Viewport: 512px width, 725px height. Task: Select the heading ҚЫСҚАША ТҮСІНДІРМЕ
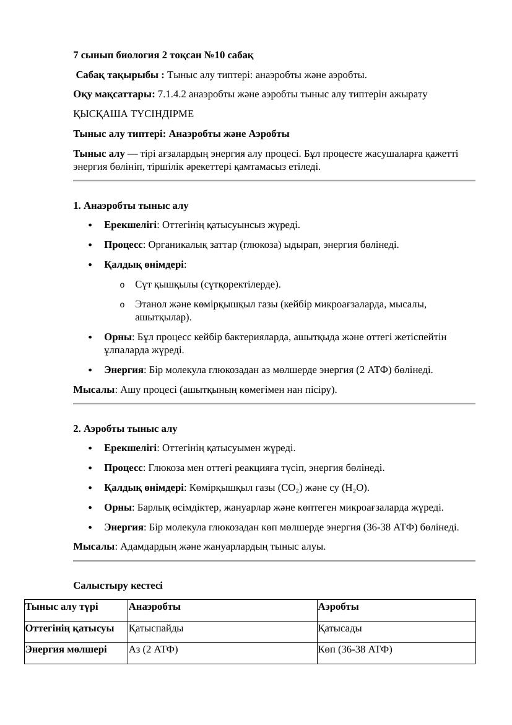[x=133, y=114]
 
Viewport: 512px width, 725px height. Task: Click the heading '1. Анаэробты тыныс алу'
[x=131, y=206]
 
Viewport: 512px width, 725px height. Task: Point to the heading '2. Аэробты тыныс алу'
[x=125, y=429]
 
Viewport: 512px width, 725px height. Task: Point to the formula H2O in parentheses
[x=355, y=488]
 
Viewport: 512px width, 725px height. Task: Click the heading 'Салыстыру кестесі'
[x=118, y=586]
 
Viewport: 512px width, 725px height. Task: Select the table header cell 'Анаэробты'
[x=155, y=607]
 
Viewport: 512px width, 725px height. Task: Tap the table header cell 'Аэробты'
[x=339, y=607]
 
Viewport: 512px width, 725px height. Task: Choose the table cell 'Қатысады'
[x=340, y=628]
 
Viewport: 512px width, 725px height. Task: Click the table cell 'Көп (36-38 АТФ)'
[x=355, y=649]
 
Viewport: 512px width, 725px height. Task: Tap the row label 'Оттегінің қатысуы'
[x=69, y=628]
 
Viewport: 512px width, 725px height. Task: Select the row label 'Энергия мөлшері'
[x=66, y=649]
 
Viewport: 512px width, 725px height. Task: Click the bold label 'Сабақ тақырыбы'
[x=120, y=75]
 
